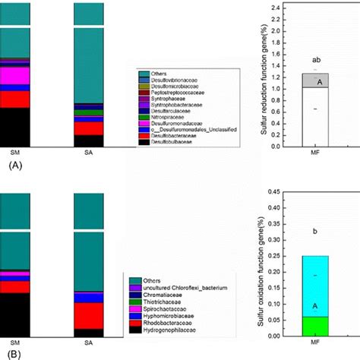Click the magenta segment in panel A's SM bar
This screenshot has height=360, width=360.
point(14,76)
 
